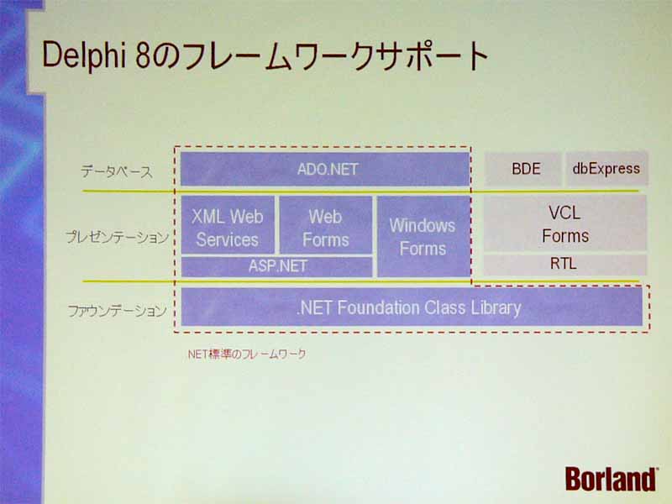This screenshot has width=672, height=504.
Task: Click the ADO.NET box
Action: tap(325, 170)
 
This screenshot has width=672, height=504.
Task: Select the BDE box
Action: tap(522, 169)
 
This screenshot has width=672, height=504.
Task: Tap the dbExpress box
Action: tap(606, 169)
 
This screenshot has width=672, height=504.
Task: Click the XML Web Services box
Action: tap(228, 225)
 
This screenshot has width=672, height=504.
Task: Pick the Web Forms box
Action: tap(326, 225)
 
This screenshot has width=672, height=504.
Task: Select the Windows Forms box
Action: tap(423, 237)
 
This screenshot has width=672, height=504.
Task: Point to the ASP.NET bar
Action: tap(277, 266)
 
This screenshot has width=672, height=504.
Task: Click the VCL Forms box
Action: tap(564, 223)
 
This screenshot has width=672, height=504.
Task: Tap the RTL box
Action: tap(564, 265)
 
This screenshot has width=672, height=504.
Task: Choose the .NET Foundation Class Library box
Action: tap(412, 307)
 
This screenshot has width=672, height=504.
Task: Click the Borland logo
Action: tap(611, 479)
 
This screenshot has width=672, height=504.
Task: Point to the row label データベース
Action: tap(117, 172)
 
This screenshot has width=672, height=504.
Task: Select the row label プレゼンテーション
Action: tap(117, 237)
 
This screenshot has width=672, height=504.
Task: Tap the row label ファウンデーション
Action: tap(117, 311)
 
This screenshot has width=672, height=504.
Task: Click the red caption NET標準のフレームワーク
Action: tap(247, 354)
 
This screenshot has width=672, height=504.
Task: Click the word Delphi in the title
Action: tap(84, 55)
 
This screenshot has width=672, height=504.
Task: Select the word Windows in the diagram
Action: tap(423, 225)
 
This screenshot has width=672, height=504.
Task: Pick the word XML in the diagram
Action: tap(207, 217)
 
